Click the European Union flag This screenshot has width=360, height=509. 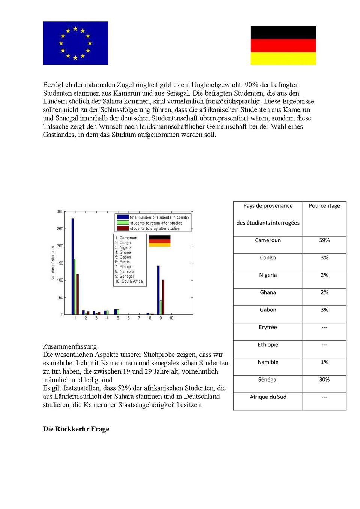click(75, 43)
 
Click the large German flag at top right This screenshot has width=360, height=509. click(283, 45)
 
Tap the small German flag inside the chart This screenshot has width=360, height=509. click(159, 241)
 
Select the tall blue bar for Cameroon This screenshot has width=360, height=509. click(73, 266)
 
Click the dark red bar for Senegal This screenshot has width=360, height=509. click(163, 297)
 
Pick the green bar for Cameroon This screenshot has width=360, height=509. click(75, 287)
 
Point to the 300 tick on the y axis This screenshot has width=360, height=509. click(60, 211)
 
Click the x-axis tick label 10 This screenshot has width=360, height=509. click(171, 318)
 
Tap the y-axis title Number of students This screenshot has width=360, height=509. click(53, 263)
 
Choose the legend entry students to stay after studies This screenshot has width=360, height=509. click(154, 228)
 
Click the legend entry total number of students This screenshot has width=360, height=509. click(159, 217)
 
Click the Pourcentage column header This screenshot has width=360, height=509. click(324, 206)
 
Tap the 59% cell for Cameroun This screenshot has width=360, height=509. click(324, 240)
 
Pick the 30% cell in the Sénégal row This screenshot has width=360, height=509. click(324, 380)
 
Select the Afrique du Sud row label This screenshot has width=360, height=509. click(268, 397)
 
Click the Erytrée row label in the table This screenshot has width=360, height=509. click(268, 327)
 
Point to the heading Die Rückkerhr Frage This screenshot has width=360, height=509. click(76, 429)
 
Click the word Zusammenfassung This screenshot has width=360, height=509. click(70, 346)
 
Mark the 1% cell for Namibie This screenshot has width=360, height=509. click(324, 362)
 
